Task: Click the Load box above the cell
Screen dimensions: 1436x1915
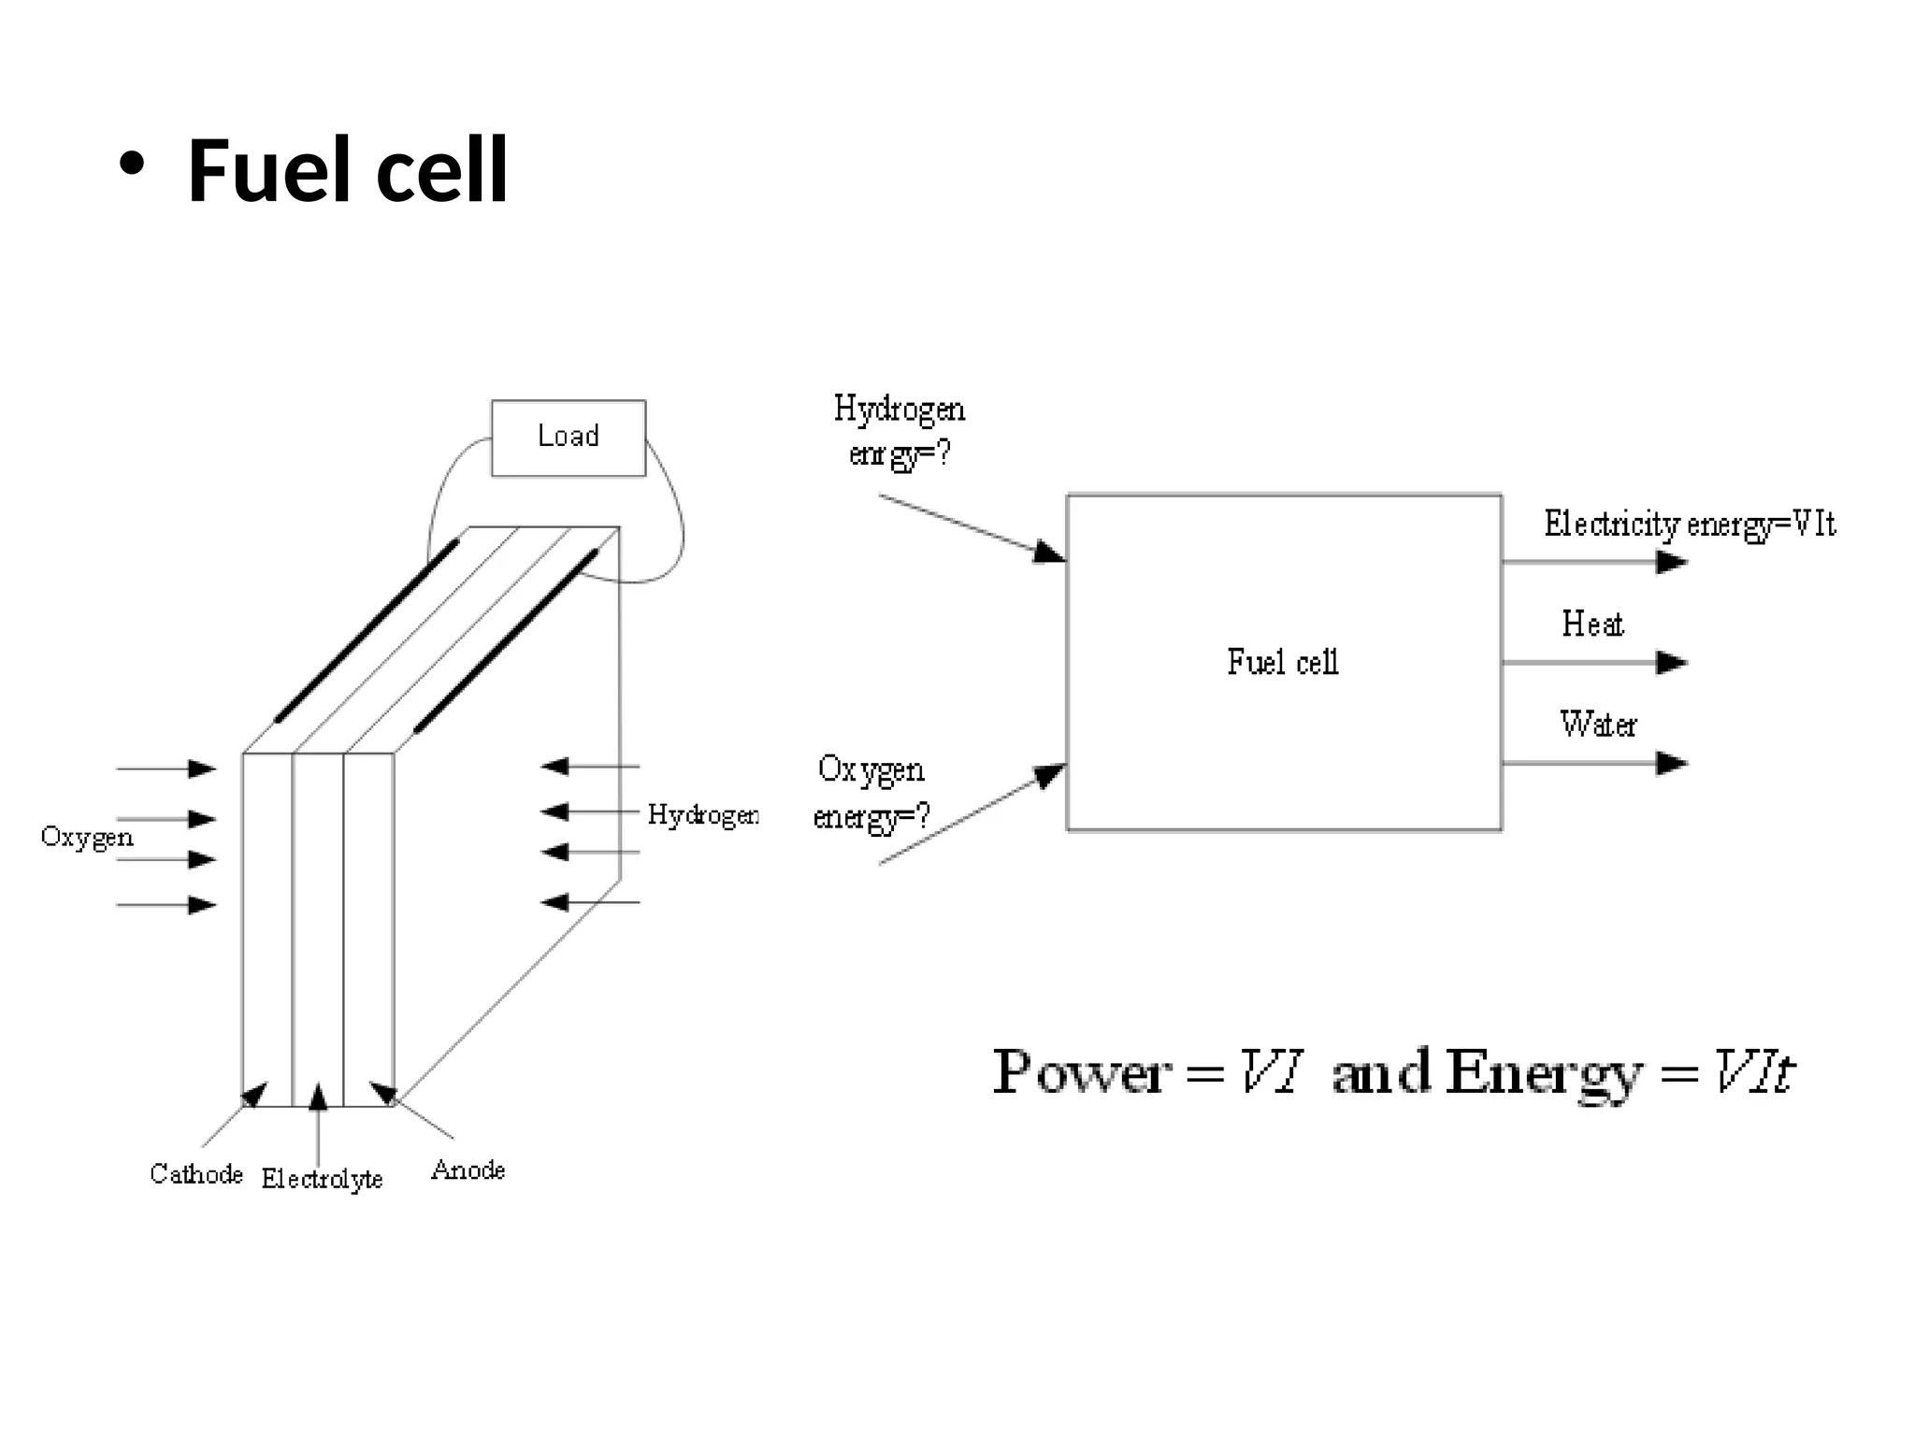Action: click(x=569, y=438)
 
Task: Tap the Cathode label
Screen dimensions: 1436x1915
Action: click(x=196, y=1174)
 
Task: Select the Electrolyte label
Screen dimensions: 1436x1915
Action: click(x=322, y=1179)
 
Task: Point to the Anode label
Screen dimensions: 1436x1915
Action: click(x=468, y=1170)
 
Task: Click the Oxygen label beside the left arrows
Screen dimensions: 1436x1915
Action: click(x=87, y=837)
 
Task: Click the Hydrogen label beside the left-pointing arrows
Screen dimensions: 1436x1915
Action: click(x=703, y=815)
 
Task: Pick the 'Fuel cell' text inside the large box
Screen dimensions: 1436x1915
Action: click(x=1283, y=662)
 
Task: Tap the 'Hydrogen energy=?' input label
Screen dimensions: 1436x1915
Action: click(x=899, y=431)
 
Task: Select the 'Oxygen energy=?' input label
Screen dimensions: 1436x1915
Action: click(x=871, y=793)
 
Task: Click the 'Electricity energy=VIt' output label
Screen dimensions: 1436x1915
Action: click(x=1689, y=524)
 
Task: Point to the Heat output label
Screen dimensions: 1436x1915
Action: click(x=1592, y=624)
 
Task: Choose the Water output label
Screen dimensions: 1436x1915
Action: click(x=1598, y=724)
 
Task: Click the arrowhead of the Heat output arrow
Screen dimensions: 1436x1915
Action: click(x=1672, y=663)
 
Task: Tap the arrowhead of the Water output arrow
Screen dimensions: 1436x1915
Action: click(x=1672, y=763)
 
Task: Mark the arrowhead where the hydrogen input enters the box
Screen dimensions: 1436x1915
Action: click(x=1050, y=553)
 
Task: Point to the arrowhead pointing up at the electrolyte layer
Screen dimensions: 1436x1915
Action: click(x=318, y=1097)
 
